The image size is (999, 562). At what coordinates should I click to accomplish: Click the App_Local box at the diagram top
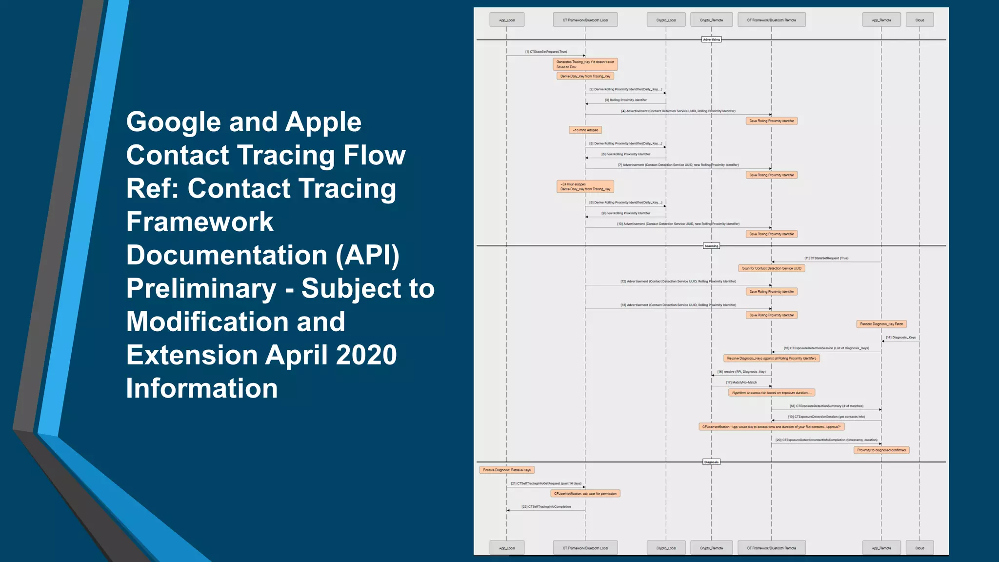pyautogui.click(x=507, y=20)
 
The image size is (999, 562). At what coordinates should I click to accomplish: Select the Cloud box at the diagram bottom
pyautogui.click(x=919, y=548)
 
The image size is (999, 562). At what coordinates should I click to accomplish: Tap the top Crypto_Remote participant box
pyautogui.click(x=711, y=20)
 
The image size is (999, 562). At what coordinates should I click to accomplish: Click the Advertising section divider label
pyautogui.click(x=711, y=40)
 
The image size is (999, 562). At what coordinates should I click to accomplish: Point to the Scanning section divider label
pyautogui.click(x=711, y=246)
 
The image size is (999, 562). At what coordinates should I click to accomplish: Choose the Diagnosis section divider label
pyautogui.click(x=711, y=462)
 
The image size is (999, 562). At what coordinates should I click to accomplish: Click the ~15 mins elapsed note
pyautogui.click(x=585, y=130)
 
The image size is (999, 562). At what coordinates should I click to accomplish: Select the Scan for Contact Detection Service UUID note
pyautogui.click(x=771, y=268)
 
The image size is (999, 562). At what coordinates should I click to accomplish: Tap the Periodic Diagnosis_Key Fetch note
pyautogui.click(x=881, y=324)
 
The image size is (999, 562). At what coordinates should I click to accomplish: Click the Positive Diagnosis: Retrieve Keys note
pyautogui.click(x=507, y=470)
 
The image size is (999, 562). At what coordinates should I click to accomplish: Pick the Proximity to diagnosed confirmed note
pyautogui.click(x=881, y=450)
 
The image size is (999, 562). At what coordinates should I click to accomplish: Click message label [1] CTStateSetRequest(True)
pyautogui.click(x=546, y=52)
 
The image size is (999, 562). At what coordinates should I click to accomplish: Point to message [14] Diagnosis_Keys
pyautogui.click(x=900, y=338)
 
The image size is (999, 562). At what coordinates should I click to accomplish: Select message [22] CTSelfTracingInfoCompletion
pyautogui.click(x=546, y=507)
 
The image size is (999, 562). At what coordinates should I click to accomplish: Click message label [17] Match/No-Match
pyautogui.click(x=741, y=382)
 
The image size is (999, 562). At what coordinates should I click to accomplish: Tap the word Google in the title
pyautogui.click(x=174, y=122)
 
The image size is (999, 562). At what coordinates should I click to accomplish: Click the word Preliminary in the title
pyautogui.click(x=201, y=288)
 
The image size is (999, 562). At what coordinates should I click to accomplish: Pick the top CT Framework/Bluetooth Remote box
pyautogui.click(x=771, y=20)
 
